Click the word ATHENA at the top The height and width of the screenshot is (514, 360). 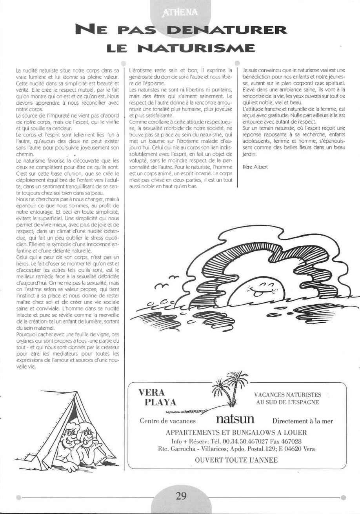[x=181, y=16]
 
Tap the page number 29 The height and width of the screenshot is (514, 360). [x=181, y=495]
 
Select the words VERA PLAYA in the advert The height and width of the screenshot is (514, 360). [x=157, y=398]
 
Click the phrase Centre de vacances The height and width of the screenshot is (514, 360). [x=167, y=421]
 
